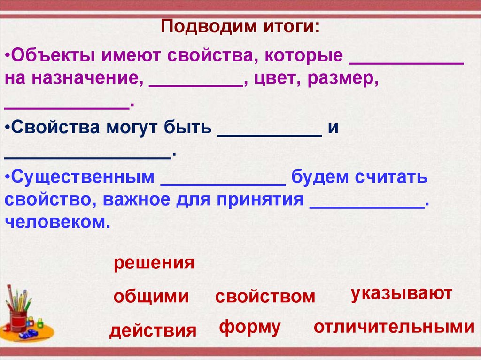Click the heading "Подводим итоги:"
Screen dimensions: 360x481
pyautogui.click(x=240, y=26)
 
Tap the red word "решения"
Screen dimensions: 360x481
pyautogui.click(x=154, y=263)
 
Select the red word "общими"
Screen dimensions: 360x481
pyautogui.click(x=151, y=297)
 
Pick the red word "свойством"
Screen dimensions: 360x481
pyautogui.click(x=265, y=297)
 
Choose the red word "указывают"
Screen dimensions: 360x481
pyautogui.click(x=401, y=294)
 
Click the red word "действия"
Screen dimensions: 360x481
pyautogui.click(x=153, y=331)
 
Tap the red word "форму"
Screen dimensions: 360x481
pyautogui.click(x=250, y=327)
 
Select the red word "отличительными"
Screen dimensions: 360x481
pyautogui.click(x=394, y=327)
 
